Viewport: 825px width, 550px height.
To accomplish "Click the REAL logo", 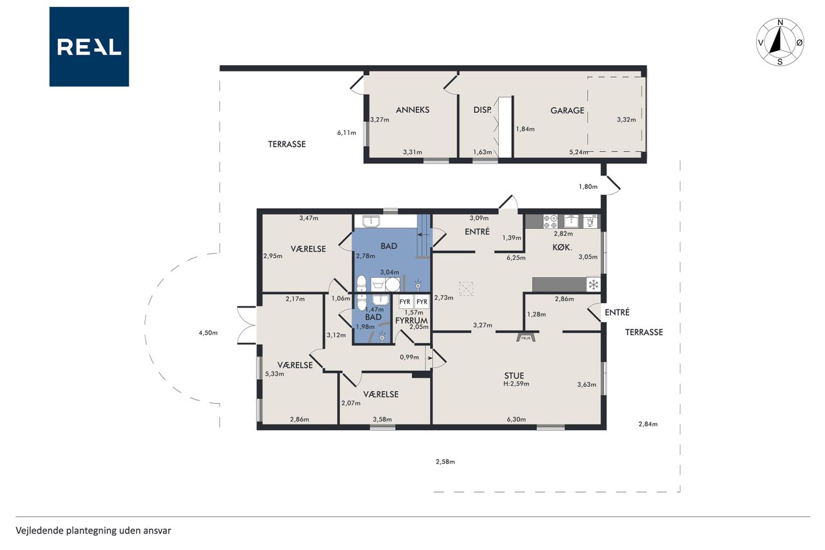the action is (89, 47).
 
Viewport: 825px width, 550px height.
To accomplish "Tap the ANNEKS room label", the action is (412, 110).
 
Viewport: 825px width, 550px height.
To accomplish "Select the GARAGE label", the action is (567, 110).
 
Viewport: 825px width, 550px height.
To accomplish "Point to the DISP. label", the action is (482, 110).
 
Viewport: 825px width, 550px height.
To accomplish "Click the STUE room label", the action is (514, 375).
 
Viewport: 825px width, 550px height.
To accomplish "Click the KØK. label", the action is (562, 248).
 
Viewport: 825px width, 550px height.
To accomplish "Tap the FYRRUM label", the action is (411, 320).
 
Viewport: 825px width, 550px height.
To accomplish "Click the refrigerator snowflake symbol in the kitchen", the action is (593, 285).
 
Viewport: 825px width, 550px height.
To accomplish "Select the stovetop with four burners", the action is (550, 221).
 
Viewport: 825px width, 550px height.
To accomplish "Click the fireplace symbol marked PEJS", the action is (526, 337).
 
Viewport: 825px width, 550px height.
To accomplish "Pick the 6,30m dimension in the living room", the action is (516, 419).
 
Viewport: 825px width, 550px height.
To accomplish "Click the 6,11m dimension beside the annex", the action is (347, 133).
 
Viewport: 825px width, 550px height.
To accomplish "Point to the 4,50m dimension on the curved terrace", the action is (208, 333).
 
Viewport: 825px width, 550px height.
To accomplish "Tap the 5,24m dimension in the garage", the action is (579, 152).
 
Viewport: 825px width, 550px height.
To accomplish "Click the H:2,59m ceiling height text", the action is (516, 384).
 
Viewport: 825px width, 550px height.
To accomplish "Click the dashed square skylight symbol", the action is (466, 288).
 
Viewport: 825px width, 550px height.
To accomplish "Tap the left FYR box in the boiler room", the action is (405, 302).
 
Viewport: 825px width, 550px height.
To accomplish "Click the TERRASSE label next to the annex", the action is (287, 144).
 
